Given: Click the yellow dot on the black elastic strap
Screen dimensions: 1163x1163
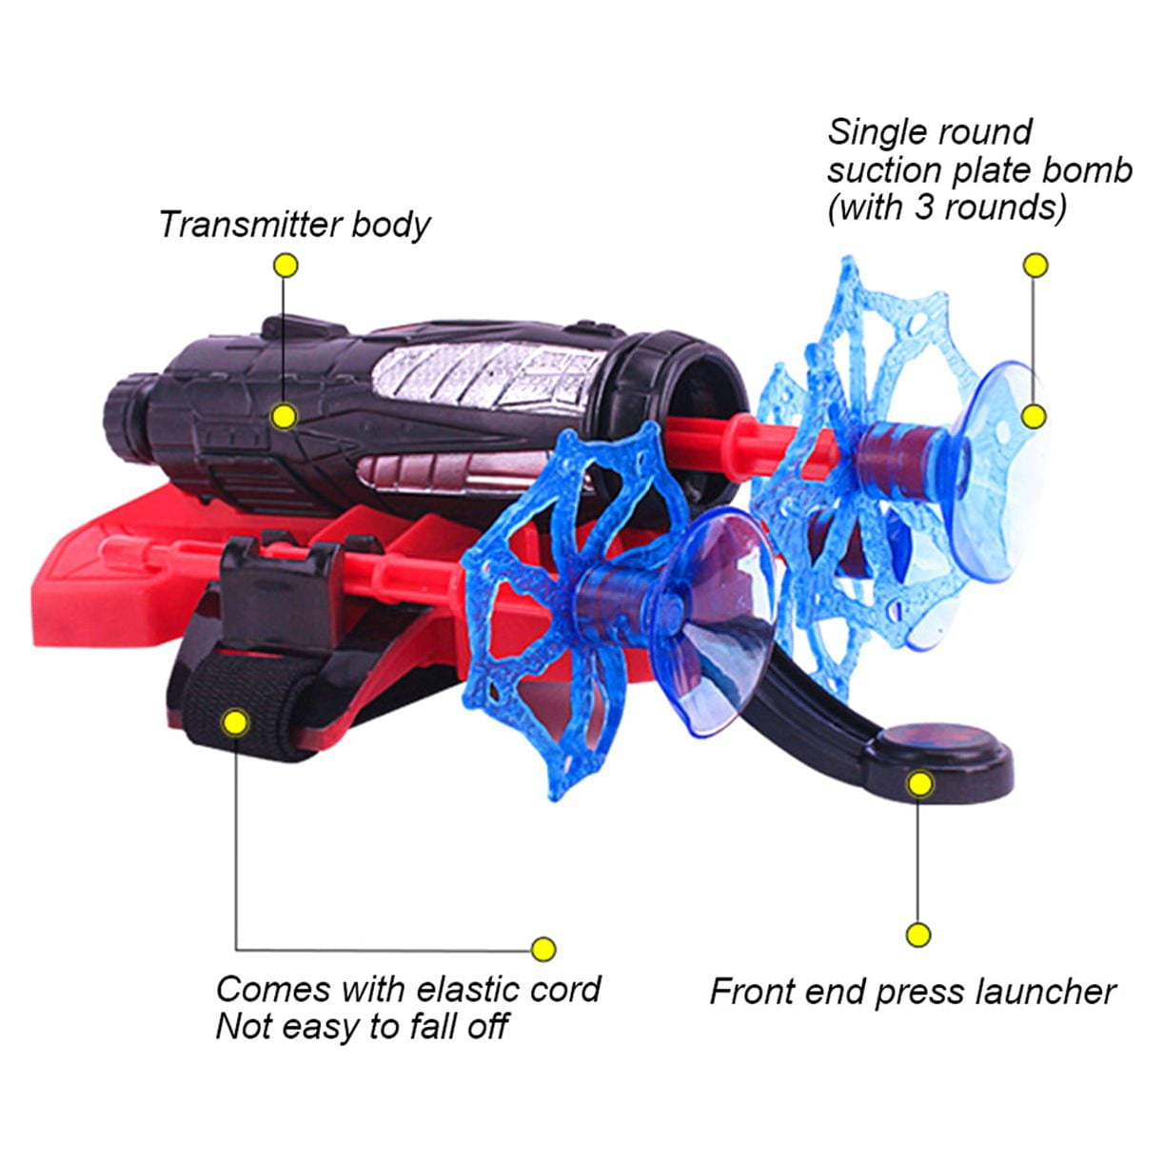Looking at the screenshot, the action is pyautogui.click(x=236, y=721).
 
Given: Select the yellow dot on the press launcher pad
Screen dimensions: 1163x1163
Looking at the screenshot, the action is pyautogui.click(x=919, y=784).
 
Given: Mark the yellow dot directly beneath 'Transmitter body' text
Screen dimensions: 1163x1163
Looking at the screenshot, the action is pyautogui.click(x=286, y=265).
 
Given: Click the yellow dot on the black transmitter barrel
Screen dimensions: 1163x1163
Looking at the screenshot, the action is pyautogui.click(x=285, y=417).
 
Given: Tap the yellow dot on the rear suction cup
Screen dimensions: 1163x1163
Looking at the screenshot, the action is pyautogui.click(x=1034, y=417).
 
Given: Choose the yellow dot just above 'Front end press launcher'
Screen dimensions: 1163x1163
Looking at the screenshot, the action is pyautogui.click(x=918, y=936).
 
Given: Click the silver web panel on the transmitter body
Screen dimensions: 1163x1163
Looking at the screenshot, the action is pyautogui.click(x=489, y=375).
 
